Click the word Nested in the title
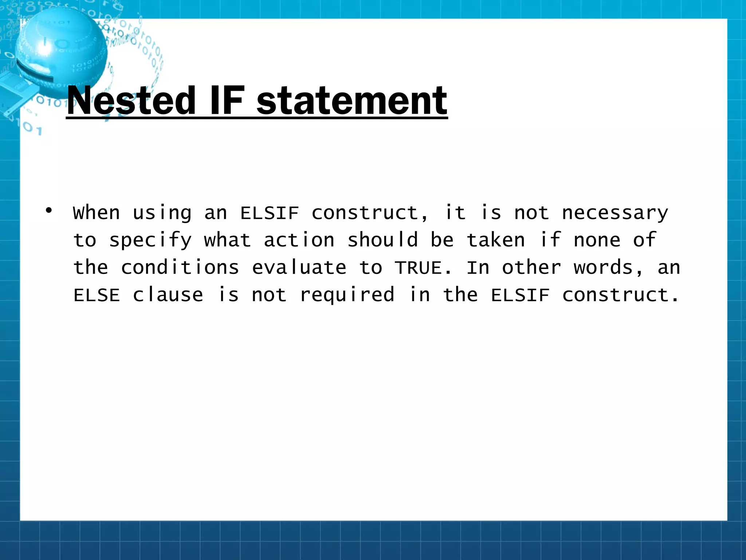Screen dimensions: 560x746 click(x=131, y=100)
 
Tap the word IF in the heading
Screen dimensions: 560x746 click(x=226, y=100)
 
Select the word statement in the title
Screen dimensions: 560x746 click(x=352, y=100)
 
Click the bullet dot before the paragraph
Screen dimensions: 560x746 click(x=49, y=210)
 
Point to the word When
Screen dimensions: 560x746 click(x=97, y=213)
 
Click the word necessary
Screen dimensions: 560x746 click(x=615, y=213)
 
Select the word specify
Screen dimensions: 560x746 click(x=150, y=241)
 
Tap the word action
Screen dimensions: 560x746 click(x=299, y=240)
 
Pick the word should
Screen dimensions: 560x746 click(x=382, y=240)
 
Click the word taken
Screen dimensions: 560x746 click(x=496, y=240)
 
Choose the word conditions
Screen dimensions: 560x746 click(x=180, y=268)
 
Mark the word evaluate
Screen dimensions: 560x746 click(x=299, y=268)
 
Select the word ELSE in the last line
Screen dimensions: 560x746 click(x=97, y=295)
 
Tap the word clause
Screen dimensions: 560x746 click(x=168, y=295)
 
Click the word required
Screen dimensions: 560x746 click(x=347, y=295)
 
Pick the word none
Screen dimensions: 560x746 click(x=597, y=240)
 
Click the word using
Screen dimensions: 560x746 click(x=162, y=213)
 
